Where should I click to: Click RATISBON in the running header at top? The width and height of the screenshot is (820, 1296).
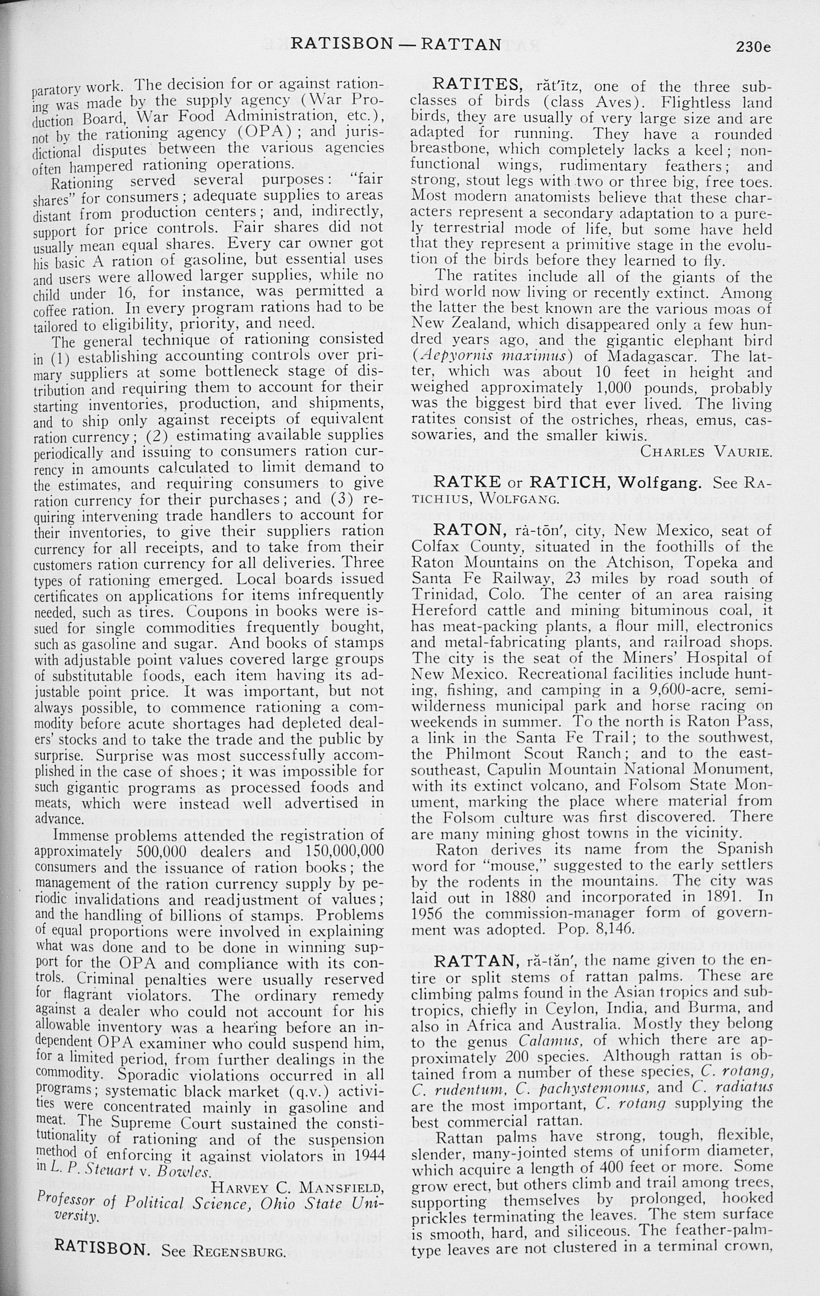coord(342,44)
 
